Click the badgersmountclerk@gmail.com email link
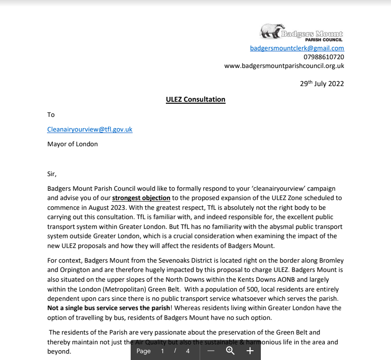297,48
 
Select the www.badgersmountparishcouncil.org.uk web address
284,66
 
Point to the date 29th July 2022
322,84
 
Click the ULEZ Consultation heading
196,99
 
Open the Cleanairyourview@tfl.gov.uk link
90,130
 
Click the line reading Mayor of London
72,144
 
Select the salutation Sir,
52,174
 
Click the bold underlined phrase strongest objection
141,198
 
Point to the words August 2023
96,207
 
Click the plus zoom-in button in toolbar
250,351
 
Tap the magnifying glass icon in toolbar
230,351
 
